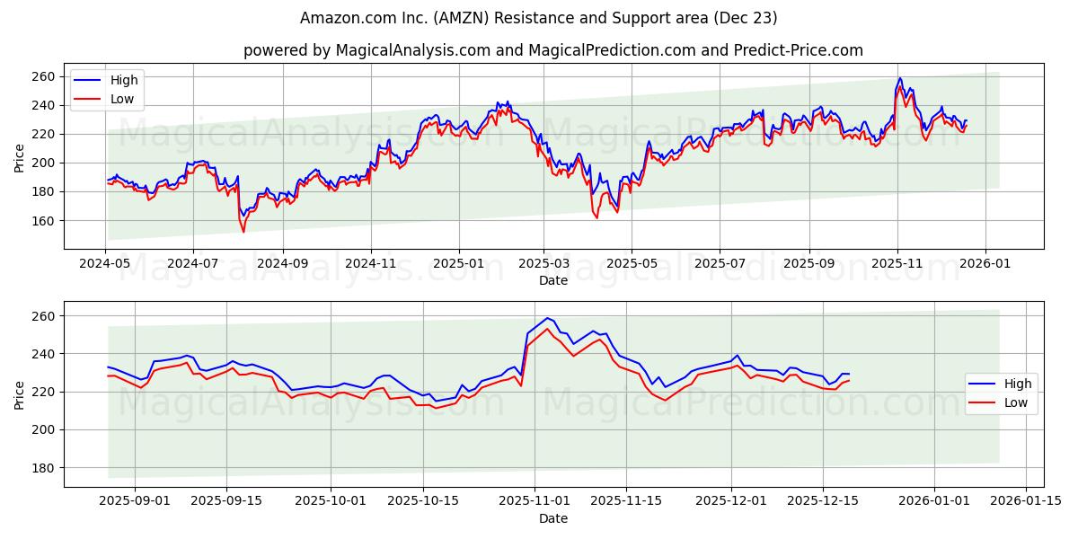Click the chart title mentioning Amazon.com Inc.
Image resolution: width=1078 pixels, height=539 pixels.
click(x=539, y=18)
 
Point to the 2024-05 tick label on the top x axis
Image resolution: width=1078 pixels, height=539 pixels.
click(x=106, y=265)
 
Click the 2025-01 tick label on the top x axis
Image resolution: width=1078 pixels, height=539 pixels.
click(x=459, y=265)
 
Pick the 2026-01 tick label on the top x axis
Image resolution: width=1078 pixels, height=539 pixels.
click(x=985, y=265)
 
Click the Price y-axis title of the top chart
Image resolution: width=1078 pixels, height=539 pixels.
click(x=20, y=156)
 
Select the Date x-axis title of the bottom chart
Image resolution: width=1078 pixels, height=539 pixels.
click(x=553, y=518)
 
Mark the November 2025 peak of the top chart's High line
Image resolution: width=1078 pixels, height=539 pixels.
click(x=900, y=78)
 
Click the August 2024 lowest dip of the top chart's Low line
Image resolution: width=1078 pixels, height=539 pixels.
click(x=243, y=232)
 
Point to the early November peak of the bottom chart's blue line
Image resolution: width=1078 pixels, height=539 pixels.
click(x=547, y=318)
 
